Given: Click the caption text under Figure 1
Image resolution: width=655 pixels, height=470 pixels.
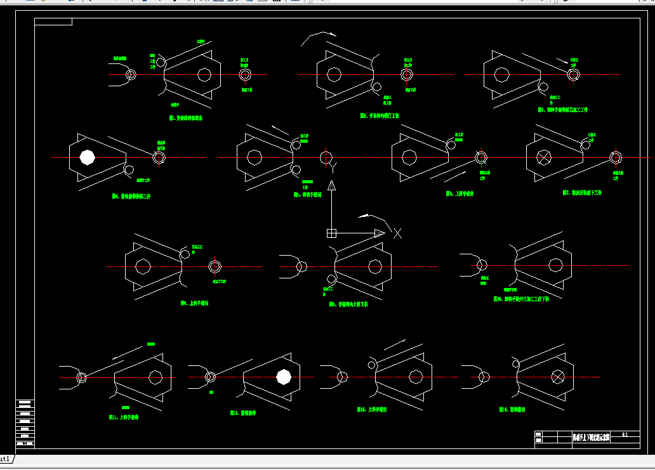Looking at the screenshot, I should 185,117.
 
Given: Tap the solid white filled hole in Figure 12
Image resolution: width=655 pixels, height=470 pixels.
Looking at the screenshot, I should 284,377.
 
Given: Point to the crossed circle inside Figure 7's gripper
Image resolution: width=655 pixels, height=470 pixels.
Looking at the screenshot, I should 545,157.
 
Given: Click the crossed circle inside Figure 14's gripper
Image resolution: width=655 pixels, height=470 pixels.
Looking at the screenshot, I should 558,377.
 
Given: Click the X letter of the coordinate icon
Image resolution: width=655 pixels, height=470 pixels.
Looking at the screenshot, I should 397,233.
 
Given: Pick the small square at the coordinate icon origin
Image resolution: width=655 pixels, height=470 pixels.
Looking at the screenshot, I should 331,233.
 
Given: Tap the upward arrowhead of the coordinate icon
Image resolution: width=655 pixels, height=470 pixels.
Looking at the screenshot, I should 331,185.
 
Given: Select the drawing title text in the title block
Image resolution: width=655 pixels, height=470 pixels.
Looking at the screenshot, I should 590,438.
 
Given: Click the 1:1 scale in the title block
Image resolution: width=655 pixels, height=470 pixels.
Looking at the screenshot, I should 625,434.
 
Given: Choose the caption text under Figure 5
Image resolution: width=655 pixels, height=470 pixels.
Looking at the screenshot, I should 307,195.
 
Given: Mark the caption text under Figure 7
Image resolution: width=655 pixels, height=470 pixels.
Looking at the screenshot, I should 582,192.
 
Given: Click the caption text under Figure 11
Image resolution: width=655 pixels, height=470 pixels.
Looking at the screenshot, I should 123,417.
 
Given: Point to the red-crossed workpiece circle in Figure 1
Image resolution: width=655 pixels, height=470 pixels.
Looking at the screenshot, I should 245,74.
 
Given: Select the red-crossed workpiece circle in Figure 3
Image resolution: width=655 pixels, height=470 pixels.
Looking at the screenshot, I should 574,75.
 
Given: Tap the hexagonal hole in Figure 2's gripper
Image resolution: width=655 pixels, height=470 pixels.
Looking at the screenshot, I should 334,74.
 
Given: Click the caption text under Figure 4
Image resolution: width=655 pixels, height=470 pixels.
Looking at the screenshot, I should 131,197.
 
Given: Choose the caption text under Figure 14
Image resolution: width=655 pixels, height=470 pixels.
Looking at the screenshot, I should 513,410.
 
